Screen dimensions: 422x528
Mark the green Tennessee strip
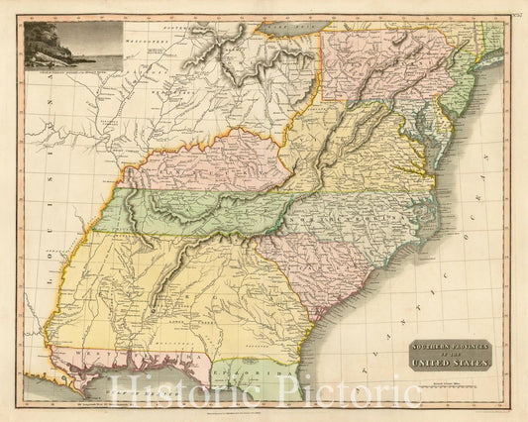[198, 211]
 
